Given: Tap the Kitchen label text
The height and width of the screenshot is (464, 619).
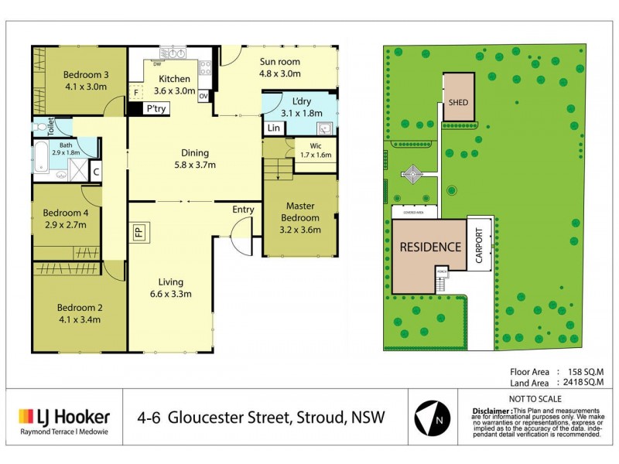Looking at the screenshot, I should tap(174, 79).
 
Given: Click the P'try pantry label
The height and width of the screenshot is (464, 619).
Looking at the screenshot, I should tap(158, 110).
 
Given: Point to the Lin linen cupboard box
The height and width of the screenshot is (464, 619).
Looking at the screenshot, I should tap(272, 128).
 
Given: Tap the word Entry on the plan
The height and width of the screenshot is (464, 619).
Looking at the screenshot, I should tap(243, 210).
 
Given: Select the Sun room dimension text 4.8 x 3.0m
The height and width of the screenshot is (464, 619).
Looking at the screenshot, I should tap(279, 74).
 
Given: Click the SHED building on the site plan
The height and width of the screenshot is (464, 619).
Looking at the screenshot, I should tap(459, 98).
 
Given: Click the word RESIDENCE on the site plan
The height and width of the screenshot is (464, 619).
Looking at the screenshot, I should tap(430, 247).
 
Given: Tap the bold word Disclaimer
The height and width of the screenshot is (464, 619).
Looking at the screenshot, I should tap(491, 409).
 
